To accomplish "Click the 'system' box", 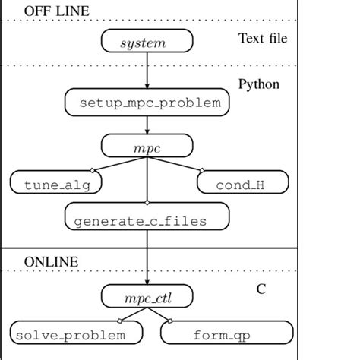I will pyautogui.click(x=144, y=43).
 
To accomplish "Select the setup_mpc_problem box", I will pyautogui.click(x=144, y=102).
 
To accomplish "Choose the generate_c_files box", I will pyautogui.click(x=144, y=220).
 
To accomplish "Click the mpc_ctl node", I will pyautogui.click(x=144, y=293).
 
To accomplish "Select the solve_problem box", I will pyautogui.click(x=78, y=333).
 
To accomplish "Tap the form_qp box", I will pyautogui.click(x=226, y=333).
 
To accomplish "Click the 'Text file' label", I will pyautogui.click(x=262, y=39).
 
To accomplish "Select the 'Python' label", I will pyautogui.click(x=258, y=84).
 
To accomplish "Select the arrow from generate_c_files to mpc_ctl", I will pyautogui.click(x=144, y=257).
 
